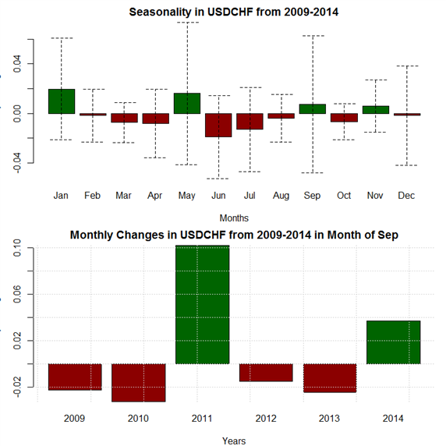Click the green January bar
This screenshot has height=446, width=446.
62,101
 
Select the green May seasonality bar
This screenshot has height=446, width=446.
187,103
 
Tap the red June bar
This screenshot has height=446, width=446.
218,126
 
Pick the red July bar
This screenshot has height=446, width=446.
250,122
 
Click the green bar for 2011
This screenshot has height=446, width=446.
202,304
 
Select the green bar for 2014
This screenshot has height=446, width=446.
394,342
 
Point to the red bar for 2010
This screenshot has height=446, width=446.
139,383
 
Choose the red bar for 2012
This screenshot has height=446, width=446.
266,373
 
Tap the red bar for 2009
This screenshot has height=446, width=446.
75,377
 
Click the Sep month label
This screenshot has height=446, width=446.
312,196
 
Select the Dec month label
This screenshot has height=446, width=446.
406,196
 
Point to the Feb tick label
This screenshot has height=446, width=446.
93,196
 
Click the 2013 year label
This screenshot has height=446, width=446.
329,419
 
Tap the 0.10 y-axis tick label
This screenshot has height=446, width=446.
17,248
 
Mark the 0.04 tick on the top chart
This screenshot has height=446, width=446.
17,64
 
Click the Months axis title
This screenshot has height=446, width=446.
234,218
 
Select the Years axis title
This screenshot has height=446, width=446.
234,441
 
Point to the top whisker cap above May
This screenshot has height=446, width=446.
187,22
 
